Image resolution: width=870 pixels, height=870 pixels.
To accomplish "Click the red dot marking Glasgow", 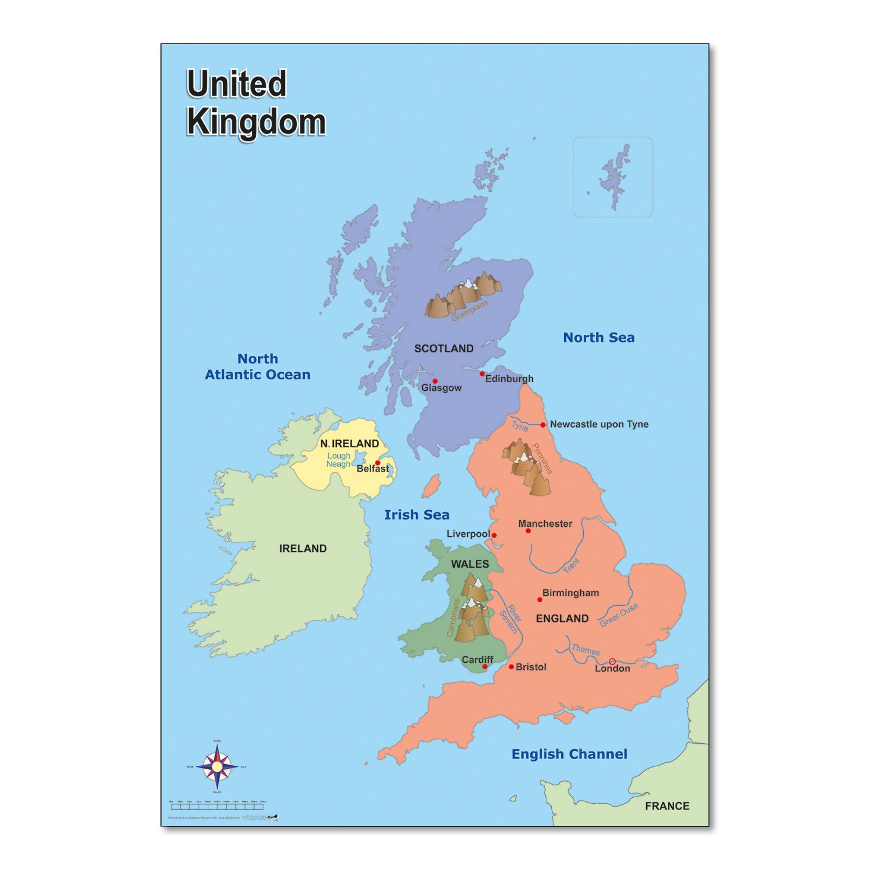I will tap(435, 381).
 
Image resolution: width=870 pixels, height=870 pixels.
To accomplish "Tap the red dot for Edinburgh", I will tap(482, 374).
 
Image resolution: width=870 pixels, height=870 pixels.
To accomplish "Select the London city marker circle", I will tap(612, 661).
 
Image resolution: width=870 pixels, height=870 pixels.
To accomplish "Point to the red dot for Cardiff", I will tap(485, 667).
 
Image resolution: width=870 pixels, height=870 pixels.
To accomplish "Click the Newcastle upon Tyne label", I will tap(599, 424).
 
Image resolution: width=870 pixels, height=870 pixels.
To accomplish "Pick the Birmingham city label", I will tap(571, 593).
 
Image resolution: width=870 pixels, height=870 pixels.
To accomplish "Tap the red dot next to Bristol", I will tap(511, 667).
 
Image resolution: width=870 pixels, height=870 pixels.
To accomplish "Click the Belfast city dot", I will tap(377, 463).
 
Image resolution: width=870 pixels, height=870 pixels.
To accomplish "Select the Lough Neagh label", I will tap(339, 460).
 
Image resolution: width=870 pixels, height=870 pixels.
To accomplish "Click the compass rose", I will tap(217, 766).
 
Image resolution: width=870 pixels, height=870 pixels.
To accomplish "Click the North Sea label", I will tap(599, 337).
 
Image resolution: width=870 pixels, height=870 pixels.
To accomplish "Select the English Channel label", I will tap(569, 754).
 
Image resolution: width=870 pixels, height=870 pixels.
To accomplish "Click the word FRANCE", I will tap(667, 806).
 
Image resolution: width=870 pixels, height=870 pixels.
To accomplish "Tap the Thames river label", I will tap(585, 650).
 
